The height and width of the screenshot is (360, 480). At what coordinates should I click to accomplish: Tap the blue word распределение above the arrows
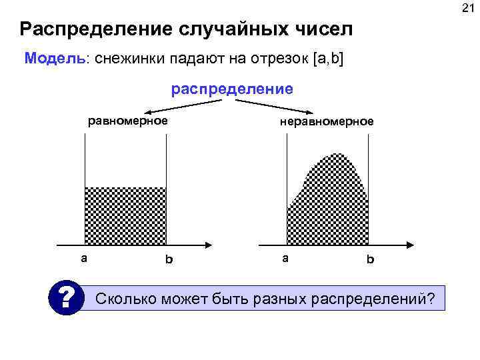click(232, 89)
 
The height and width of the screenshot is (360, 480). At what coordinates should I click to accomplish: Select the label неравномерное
click(327, 121)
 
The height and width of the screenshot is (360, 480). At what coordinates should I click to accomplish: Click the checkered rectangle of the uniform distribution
click(125, 215)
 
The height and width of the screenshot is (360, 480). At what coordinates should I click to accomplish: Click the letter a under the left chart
click(83, 258)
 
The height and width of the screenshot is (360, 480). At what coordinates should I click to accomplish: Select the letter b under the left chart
click(168, 259)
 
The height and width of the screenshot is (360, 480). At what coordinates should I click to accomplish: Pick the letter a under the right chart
click(285, 258)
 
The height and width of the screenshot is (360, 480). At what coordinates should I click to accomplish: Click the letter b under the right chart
click(370, 259)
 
